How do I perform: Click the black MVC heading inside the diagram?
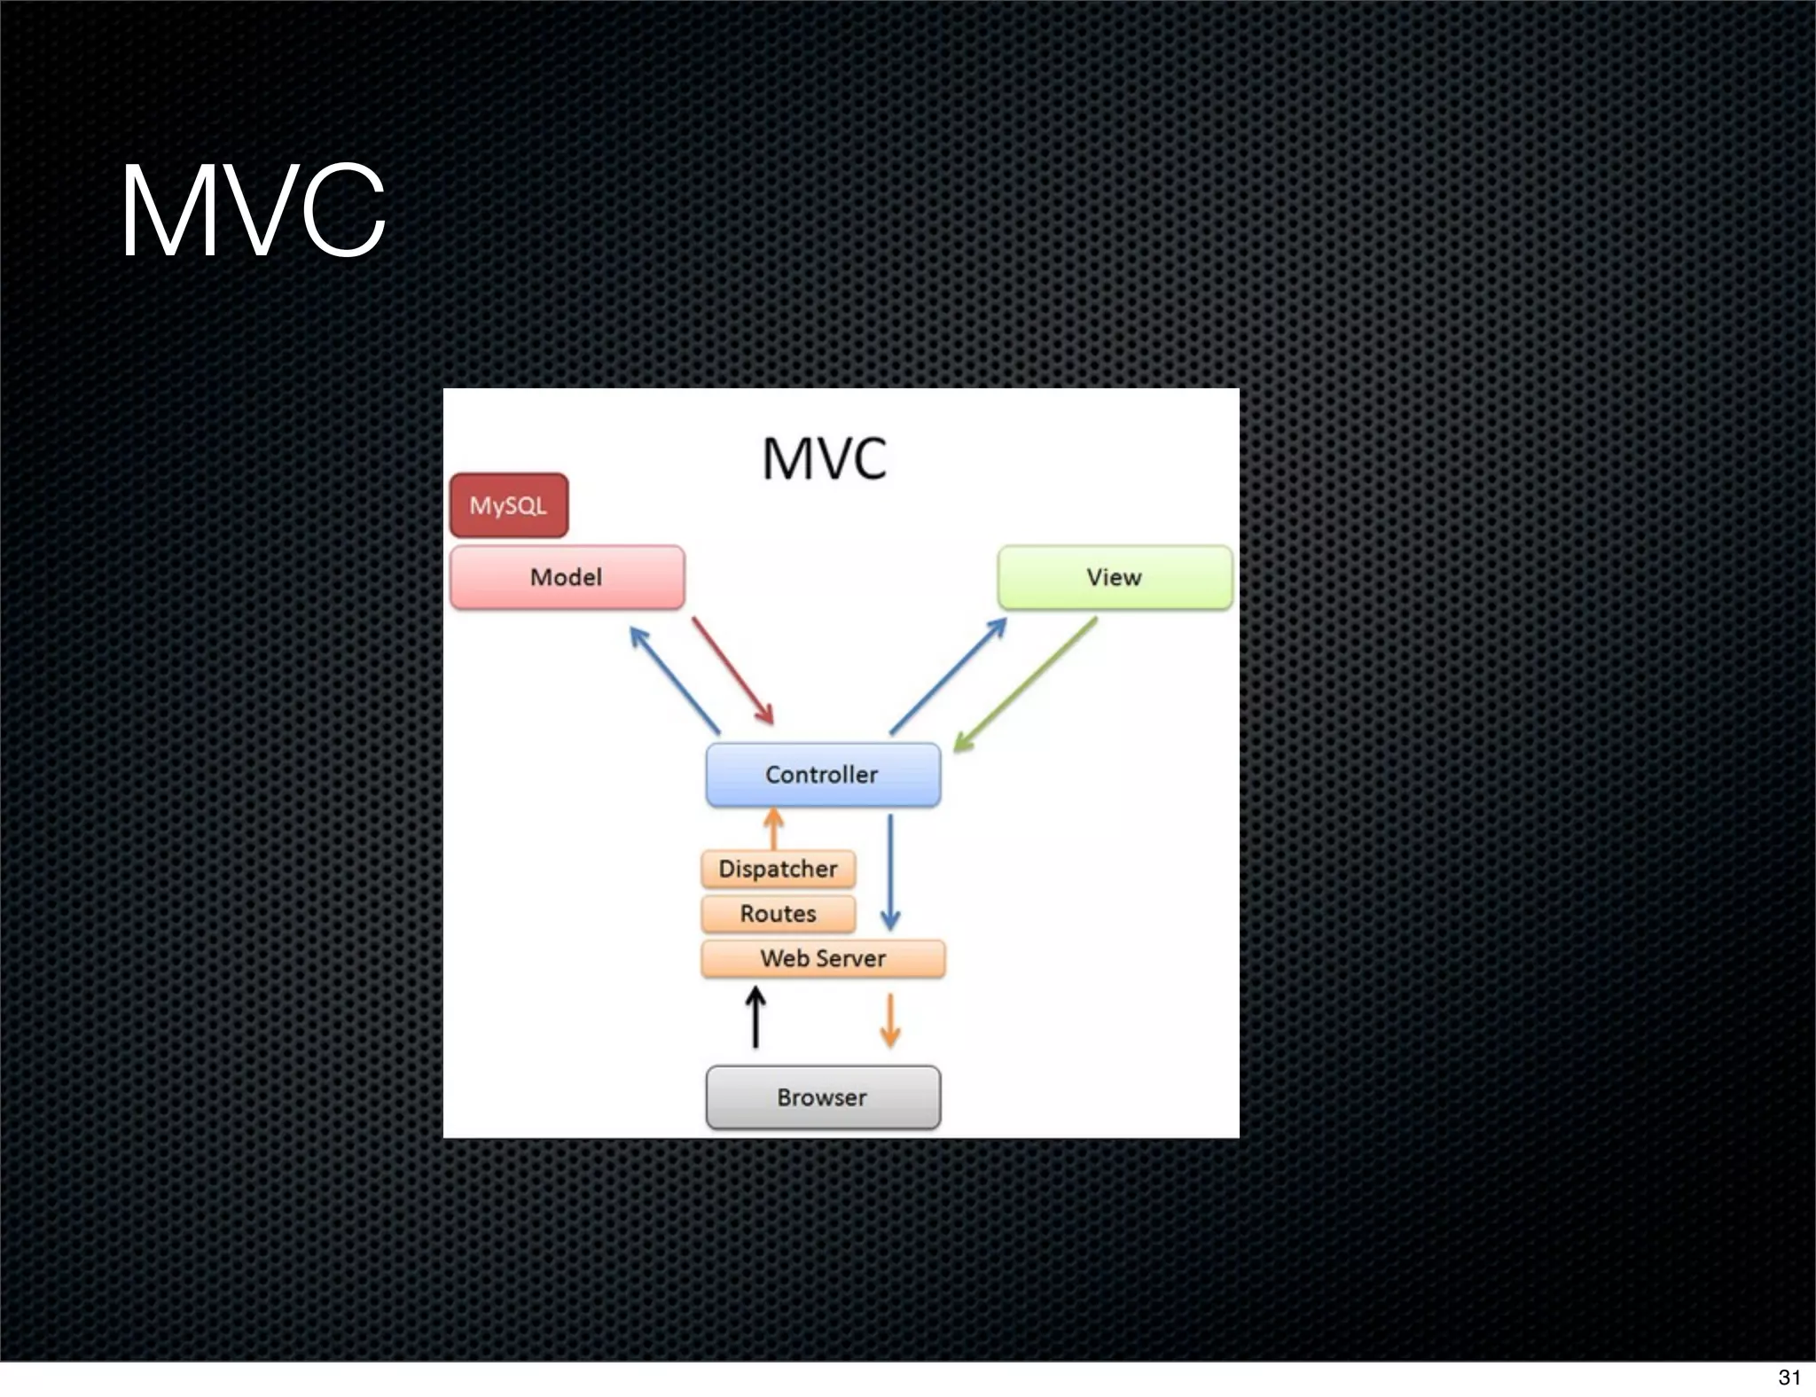(x=824, y=458)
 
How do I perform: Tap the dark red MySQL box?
(x=508, y=505)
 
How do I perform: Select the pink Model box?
(x=567, y=577)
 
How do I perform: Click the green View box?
(x=1115, y=577)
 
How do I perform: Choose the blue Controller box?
(x=822, y=775)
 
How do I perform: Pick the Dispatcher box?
(x=778, y=869)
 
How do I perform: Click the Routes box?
(x=778, y=914)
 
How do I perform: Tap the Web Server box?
(x=822, y=958)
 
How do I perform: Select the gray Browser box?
(x=822, y=1097)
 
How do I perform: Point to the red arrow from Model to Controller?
(x=732, y=671)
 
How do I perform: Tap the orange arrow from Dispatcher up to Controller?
(x=773, y=829)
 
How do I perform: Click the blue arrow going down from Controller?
(x=890, y=873)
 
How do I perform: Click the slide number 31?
(x=1789, y=1377)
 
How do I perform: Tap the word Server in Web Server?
(x=850, y=958)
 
